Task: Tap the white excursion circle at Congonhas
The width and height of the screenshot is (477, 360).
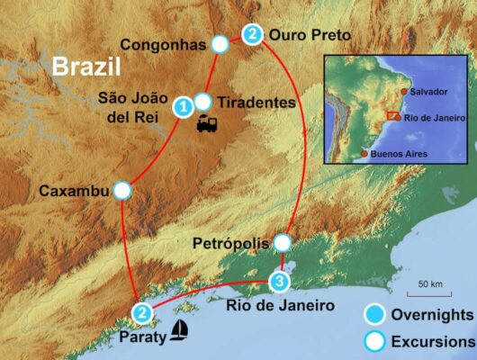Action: click(x=219, y=43)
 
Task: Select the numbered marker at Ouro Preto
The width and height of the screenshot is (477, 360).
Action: click(x=253, y=35)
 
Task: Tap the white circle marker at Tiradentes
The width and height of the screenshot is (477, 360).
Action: click(x=202, y=102)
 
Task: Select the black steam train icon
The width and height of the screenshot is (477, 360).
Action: click(x=210, y=125)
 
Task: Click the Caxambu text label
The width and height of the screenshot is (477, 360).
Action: click(x=73, y=191)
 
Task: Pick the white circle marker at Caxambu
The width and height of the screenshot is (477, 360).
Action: click(x=123, y=191)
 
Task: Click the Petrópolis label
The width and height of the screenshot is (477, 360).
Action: click(x=230, y=243)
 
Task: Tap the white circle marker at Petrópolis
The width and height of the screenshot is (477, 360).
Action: click(x=283, y=243)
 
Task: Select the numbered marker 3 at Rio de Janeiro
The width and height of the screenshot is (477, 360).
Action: click(x=280, y=283)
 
